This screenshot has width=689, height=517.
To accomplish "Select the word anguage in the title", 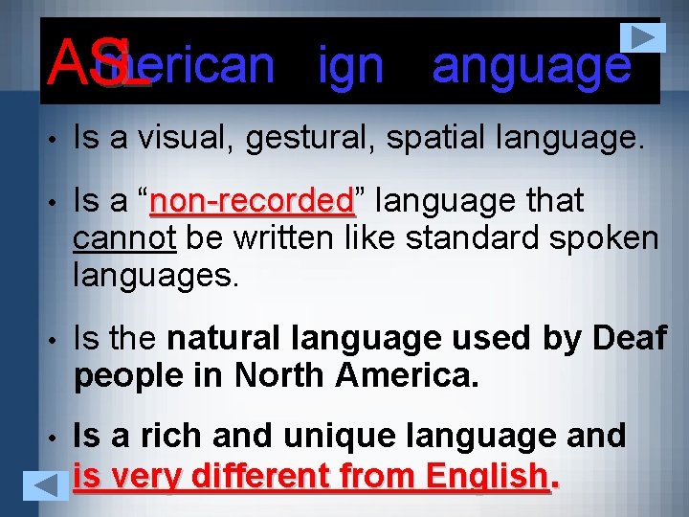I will pos(531,65).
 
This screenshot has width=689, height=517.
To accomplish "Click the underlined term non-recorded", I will pos(253,202).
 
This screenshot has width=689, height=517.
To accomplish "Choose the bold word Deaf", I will pos(629,337).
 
